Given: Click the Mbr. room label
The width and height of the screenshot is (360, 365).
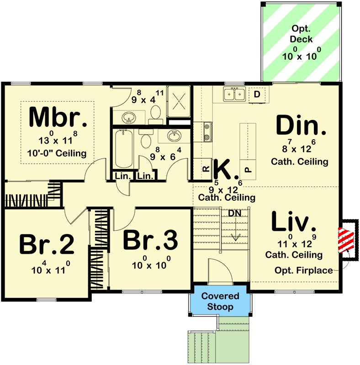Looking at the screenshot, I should point(58,118).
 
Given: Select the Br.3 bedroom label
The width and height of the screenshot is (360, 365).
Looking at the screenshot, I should point(150,240).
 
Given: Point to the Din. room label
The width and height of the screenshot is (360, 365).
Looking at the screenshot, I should point(302,126).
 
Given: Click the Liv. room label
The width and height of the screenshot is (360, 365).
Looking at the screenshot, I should point(294,222).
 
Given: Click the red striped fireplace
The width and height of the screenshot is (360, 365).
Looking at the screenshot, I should point(346,240).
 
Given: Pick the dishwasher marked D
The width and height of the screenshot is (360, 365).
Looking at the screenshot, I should point(257,94).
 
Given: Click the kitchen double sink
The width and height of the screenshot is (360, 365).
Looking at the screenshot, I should point(234,94).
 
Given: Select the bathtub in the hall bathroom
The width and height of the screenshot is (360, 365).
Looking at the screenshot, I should point(123,149).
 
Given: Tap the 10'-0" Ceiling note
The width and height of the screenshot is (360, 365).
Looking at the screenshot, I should point(58,153).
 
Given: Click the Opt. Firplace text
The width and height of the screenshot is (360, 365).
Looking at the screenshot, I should point(304,271).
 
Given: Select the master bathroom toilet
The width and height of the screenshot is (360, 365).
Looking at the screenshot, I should point(155,112).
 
